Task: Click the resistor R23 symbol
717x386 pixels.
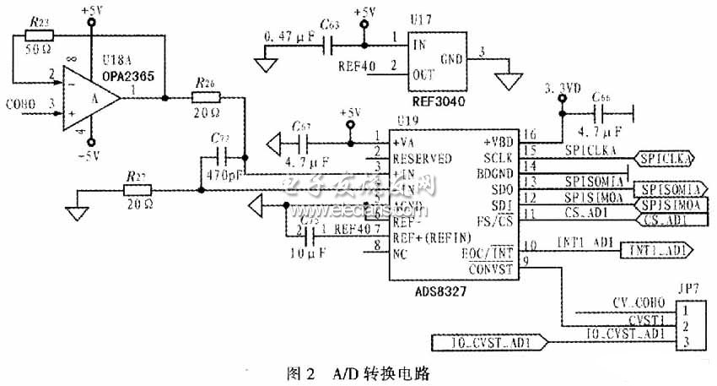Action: coord(40,36)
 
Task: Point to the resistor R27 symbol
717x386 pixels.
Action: coord(133,190)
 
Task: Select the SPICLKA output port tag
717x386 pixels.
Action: coord(666,157)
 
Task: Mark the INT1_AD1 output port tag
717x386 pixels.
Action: coord(655,250)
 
